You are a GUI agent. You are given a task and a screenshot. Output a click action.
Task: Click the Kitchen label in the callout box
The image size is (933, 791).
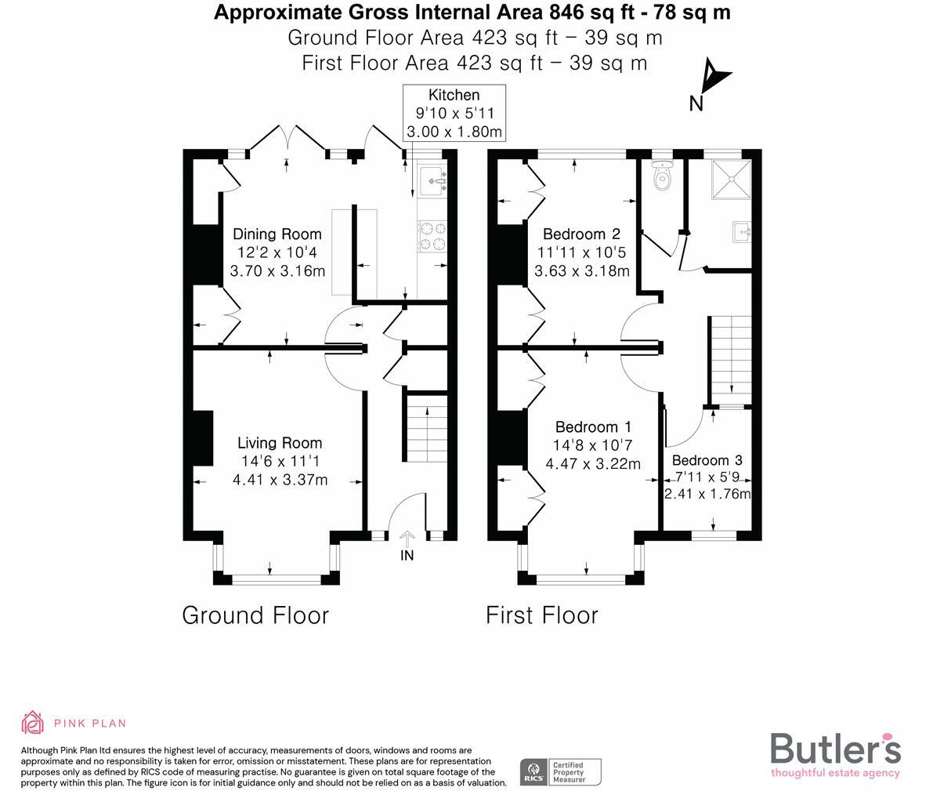pos(454,96)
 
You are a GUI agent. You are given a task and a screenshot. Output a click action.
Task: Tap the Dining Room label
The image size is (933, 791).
pos(277,234)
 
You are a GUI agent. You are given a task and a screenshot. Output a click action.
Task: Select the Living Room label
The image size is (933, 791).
pos(280,443)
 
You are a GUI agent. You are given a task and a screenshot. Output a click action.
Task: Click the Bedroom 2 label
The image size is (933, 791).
pos(581,234)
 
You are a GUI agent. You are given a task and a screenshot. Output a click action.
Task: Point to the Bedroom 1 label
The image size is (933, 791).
pos(593,427)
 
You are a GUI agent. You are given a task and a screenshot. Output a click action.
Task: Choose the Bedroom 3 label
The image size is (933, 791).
pos(707,460)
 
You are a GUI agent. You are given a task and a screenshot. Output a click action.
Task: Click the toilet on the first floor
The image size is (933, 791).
pos(663,178)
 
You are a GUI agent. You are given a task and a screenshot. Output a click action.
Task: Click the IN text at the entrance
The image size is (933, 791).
pos(407,556)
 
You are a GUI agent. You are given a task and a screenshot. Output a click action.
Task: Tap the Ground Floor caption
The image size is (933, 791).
pos(255,615)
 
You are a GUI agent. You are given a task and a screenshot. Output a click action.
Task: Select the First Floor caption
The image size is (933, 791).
pos(542,615)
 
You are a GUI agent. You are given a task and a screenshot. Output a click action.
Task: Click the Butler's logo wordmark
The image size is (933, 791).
pos(835,749)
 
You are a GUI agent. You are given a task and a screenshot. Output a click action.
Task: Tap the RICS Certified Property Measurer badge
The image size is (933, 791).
pos(561,771)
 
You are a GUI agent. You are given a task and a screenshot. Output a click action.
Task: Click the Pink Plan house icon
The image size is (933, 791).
pos(32,723)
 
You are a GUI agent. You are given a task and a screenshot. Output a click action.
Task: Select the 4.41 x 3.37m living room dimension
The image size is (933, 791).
pos(280,480)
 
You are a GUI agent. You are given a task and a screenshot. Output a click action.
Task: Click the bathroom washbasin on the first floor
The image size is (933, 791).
pos(742,231)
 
